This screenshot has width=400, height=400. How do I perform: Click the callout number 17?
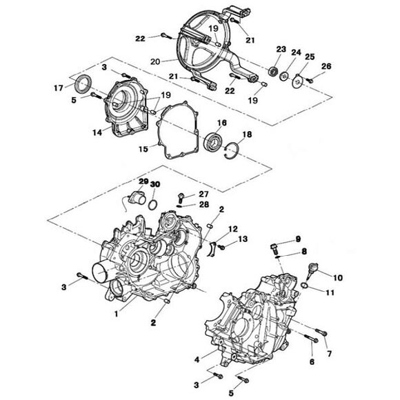click(59, 88)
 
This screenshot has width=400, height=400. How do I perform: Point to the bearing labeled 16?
click(214, 141)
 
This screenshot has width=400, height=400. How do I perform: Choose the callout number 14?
click(97, 132)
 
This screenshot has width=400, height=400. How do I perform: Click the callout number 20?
click(155, 61)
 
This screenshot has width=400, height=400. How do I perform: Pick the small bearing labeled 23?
click(273, 71)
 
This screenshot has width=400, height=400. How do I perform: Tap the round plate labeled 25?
click(297, 81)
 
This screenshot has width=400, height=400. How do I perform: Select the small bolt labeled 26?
click(310, 80)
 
